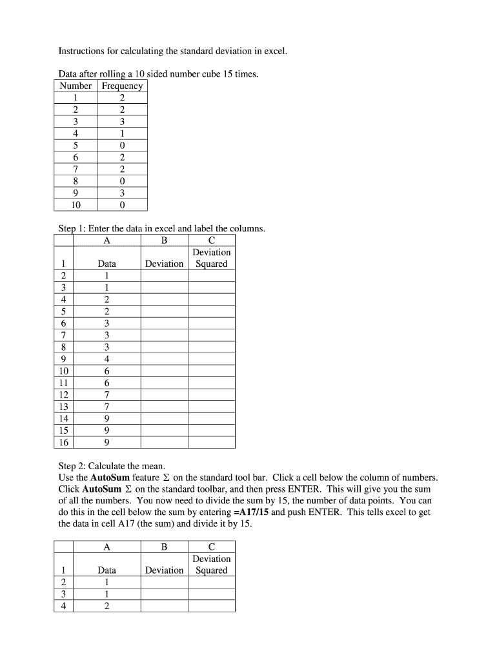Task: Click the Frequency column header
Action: click(x=122, y=86)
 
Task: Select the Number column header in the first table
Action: click(x=76, y=86)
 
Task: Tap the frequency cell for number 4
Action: click(x=122, y=134)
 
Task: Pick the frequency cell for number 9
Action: click(x=122, y=193)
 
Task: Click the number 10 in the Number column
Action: click(x=76, y=206)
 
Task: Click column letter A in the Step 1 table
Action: click(x=107, y=240)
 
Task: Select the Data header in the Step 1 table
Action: click(x=107, y=264)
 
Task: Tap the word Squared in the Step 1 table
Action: click(x=212, y=264)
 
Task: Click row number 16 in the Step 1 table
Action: click(x=63, y=442)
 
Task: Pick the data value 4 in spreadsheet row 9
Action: click(x=107, y=359)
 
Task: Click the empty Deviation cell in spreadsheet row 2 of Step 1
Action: click(x=164, y=276)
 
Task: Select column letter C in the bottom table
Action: click(x=212, y=547)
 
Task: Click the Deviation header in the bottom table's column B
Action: click(x=164, y=570)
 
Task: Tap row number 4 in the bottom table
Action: click(x=63, y=606)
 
